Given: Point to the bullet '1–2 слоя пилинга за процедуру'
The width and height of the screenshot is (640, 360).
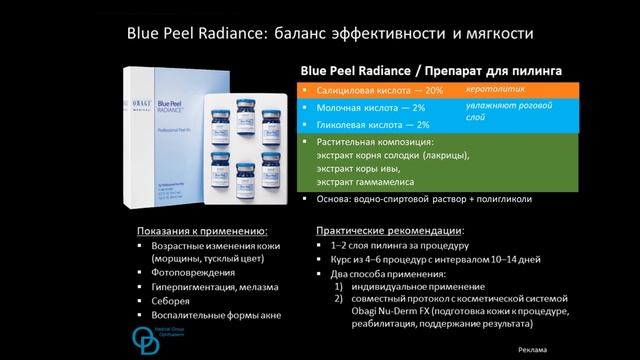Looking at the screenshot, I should click(391, 246).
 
